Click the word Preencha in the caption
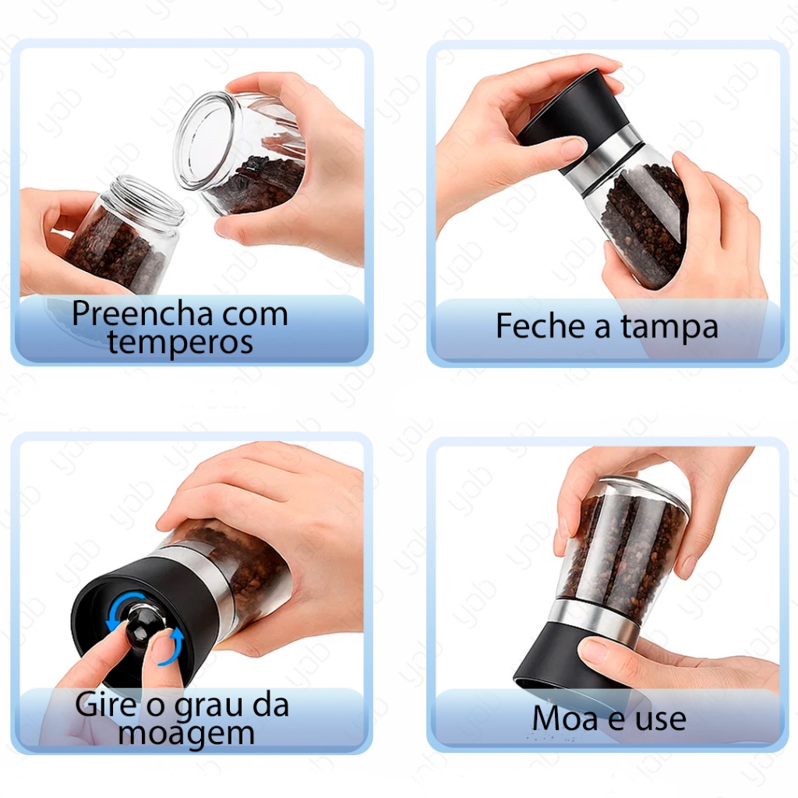coord(142,314)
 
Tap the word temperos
coord(180,342)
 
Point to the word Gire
coord(105,704)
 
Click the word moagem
coord(186,734)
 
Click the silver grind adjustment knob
coord(143,623)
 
